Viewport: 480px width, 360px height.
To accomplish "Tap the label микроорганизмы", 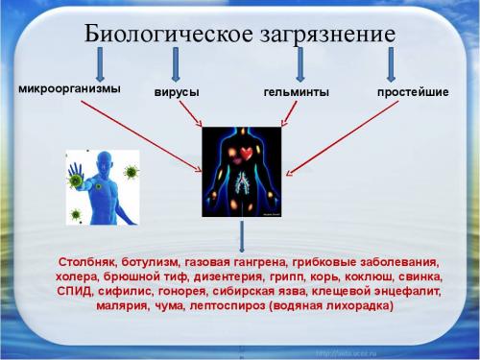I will (x=70, y=89).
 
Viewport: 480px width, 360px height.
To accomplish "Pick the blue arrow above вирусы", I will (x=175, y=64).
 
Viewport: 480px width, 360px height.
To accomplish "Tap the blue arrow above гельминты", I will (x=300, y=64).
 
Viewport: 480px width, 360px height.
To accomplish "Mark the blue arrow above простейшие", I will (x=392, y=64).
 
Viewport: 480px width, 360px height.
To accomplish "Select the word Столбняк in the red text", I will (x=88, y=261).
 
